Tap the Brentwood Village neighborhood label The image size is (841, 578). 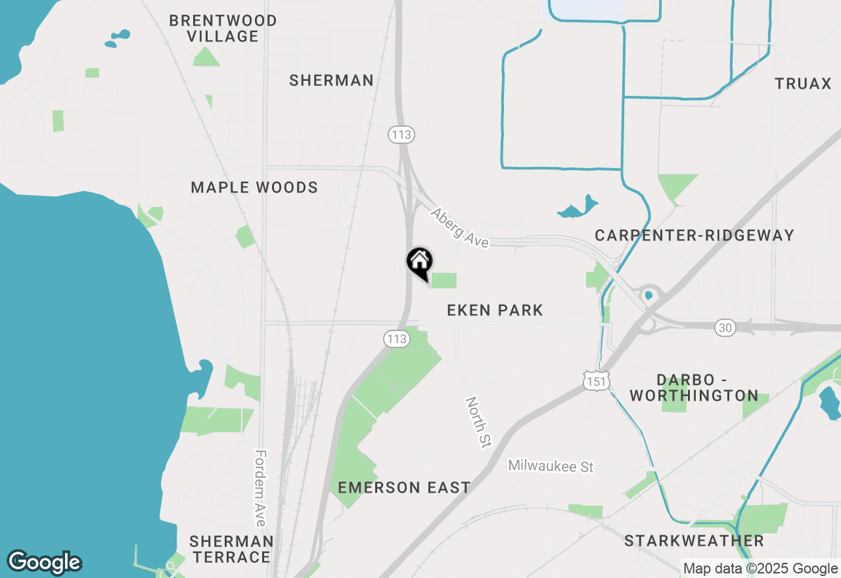223,29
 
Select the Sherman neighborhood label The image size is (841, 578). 331,81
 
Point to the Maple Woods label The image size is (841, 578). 254,188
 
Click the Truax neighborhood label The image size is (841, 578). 803,84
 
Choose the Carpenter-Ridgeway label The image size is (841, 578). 694,235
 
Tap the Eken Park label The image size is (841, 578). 495,310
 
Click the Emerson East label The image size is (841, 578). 404,487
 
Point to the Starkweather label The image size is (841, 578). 694,541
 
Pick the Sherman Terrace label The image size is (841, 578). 231,549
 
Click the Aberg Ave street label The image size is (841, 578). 460,228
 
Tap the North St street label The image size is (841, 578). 478,422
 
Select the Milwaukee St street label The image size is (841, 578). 551,466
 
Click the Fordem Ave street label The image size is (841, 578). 261,487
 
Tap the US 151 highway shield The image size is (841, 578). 596,380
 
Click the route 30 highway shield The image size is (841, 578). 725,327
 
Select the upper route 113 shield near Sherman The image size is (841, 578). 401,135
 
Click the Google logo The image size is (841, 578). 44,562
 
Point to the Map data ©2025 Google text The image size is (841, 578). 760,569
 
